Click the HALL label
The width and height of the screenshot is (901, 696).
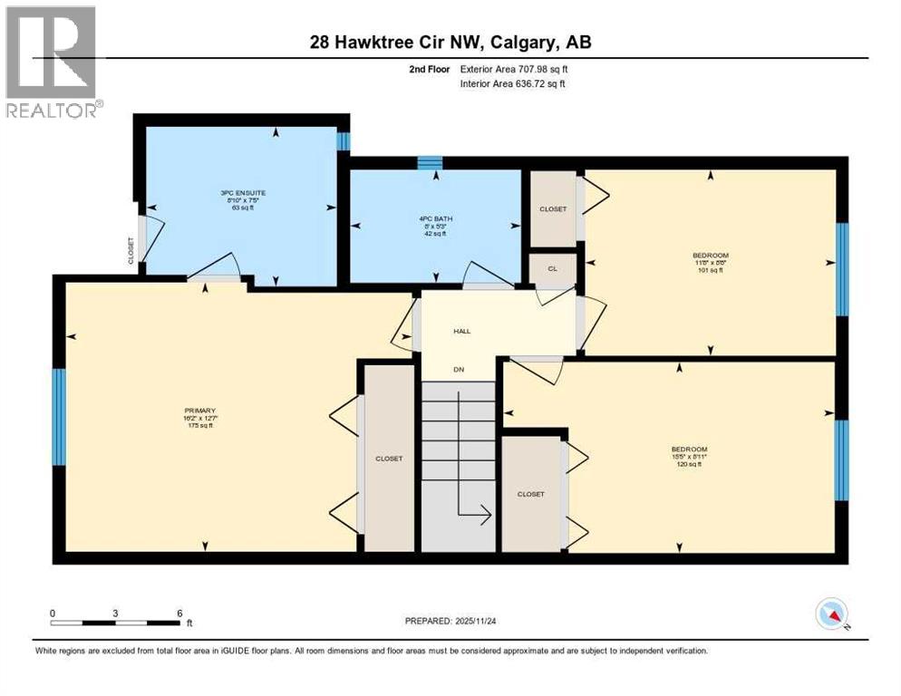[x=462, y=332]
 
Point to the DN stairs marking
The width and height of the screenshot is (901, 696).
[x=460, y=369]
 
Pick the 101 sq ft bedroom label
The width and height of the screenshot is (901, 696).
[x=710, y=262]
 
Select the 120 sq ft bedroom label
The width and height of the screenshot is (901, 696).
[x=688, y=456]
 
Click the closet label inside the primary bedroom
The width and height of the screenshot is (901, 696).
[x=389, y=459]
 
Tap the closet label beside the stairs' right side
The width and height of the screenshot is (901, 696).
[x=530, y=494]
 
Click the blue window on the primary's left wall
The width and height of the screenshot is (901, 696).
[x=59, y=417]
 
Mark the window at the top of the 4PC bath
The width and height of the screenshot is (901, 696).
[x=430, y=163]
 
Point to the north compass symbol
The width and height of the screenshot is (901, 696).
[x=831, y=615]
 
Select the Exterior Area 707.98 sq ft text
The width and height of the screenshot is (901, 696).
[x=514, y=69]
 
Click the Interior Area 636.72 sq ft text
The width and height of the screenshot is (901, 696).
[x=514, y=84]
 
